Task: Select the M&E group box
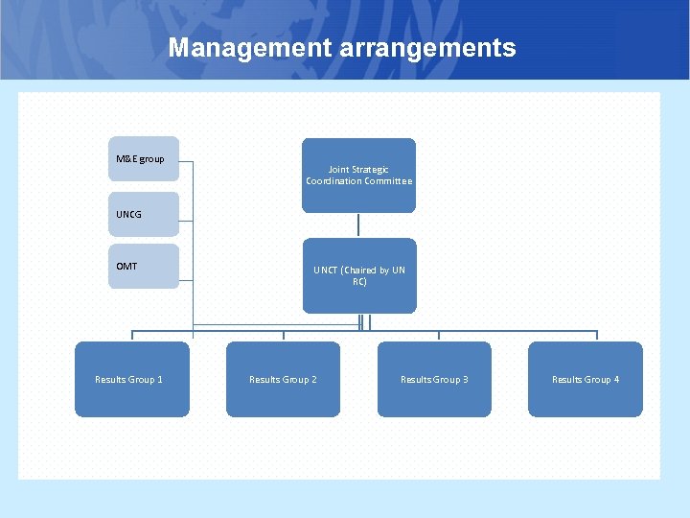click(143, 159)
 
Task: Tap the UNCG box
click(143, 214)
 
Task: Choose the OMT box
click(143, 267)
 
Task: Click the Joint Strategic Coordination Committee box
click(358, 176)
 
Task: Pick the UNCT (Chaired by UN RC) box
click(359, 275)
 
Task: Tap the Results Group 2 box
click(283, 380)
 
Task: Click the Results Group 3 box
click(434, 380)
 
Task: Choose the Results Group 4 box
click(586, 380)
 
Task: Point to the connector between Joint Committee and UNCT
click(359, 225)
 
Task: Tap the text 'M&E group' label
click(140, 158)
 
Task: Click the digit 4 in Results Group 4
click(616, 380)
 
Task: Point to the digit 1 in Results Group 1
click(159, 380)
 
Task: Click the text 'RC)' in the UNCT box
click(359, 282)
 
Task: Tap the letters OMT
click(126, 266)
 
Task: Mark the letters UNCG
click(128, 214)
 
